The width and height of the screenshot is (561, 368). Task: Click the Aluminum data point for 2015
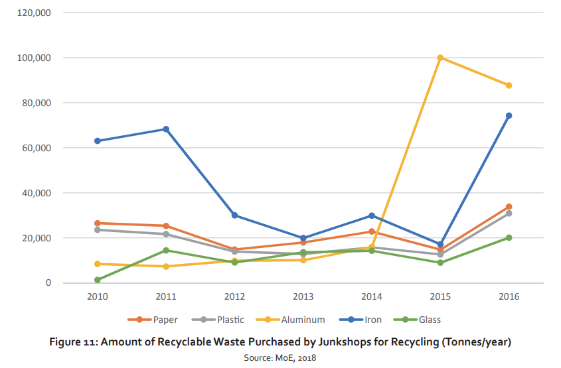pyautogui.click(x=440, y=58)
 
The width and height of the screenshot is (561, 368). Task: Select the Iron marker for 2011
pyautogui.click(x=166, y=129)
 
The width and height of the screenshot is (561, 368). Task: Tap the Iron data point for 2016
pyautogui.click(x=509, y=115)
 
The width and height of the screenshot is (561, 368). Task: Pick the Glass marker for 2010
pyautogui.click(x=98, y=280)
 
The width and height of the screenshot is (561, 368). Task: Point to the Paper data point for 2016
pyautogui.click(x=509, y=207)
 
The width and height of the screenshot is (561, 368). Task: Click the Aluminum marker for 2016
pyautogui.click(x=509, y=86)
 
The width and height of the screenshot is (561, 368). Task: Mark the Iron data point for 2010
pyautogui.click(x=98, y=141)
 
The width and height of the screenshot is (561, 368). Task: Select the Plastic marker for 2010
pyautogui.click(x=98, y=229)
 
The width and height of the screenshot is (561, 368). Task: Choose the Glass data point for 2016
pyautogui.click(x=509, y=237)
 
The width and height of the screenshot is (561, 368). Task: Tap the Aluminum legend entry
pyautogui.click(x=296, y=320)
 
